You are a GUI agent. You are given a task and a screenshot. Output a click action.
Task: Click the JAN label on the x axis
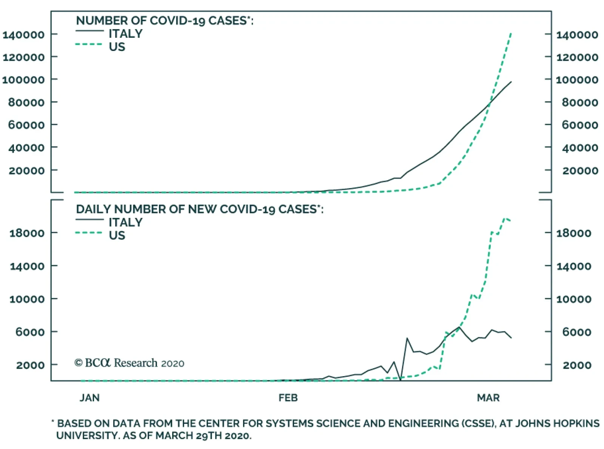click(89, 398)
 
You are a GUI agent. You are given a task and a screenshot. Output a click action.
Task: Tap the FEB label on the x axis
click(288, 398)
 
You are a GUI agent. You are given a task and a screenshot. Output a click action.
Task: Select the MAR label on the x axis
click(488, 398)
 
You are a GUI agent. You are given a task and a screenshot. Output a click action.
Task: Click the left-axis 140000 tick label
click(23, 35)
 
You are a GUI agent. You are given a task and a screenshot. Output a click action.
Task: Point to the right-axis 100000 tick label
click(577, 80)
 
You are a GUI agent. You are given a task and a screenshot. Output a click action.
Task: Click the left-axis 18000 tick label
click(27, 233)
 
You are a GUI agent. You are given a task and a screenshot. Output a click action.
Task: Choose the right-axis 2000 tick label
click(577, 365)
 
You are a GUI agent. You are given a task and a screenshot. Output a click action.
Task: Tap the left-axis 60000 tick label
click(26, 125)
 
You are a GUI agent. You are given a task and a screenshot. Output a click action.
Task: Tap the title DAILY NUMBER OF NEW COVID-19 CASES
click(199, 209)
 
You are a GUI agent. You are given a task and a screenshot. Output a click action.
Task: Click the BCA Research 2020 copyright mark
click(129, 363)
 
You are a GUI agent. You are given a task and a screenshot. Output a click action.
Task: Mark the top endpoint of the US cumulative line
click(511, 33)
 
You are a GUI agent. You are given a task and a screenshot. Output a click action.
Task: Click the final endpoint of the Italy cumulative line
click(511, 82)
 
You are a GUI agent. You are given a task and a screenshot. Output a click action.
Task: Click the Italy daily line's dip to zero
click(401, 379)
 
